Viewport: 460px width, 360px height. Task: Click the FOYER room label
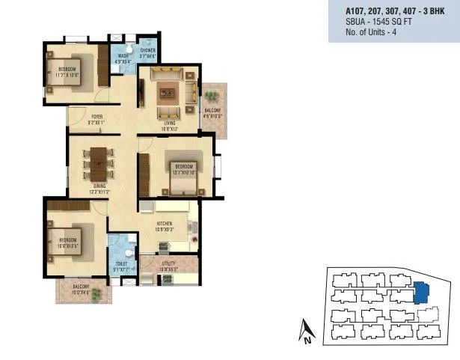pyautogui.click(x=97, y=116)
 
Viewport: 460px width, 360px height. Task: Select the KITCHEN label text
pyautogui.click(x=166, y=224)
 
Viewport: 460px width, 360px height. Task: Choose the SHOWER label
pyautogui.click(x=147, y=50)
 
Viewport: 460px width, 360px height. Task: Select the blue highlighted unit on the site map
pyautogui.click(x=420, y=292)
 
